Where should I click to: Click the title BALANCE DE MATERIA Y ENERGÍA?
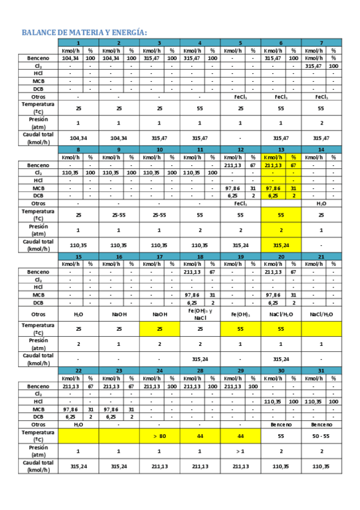84,32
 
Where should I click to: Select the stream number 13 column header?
281,149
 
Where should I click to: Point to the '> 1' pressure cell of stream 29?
240,450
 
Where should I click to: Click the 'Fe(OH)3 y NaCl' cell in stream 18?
200,314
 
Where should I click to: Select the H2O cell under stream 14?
321,203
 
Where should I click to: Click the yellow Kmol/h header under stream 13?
273,157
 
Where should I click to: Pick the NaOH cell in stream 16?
118,314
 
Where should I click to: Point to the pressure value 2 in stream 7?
321,123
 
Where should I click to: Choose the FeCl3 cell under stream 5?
240,96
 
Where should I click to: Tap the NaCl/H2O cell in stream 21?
321,314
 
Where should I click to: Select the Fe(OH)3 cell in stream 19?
240,314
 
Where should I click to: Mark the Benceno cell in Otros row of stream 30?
281,424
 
